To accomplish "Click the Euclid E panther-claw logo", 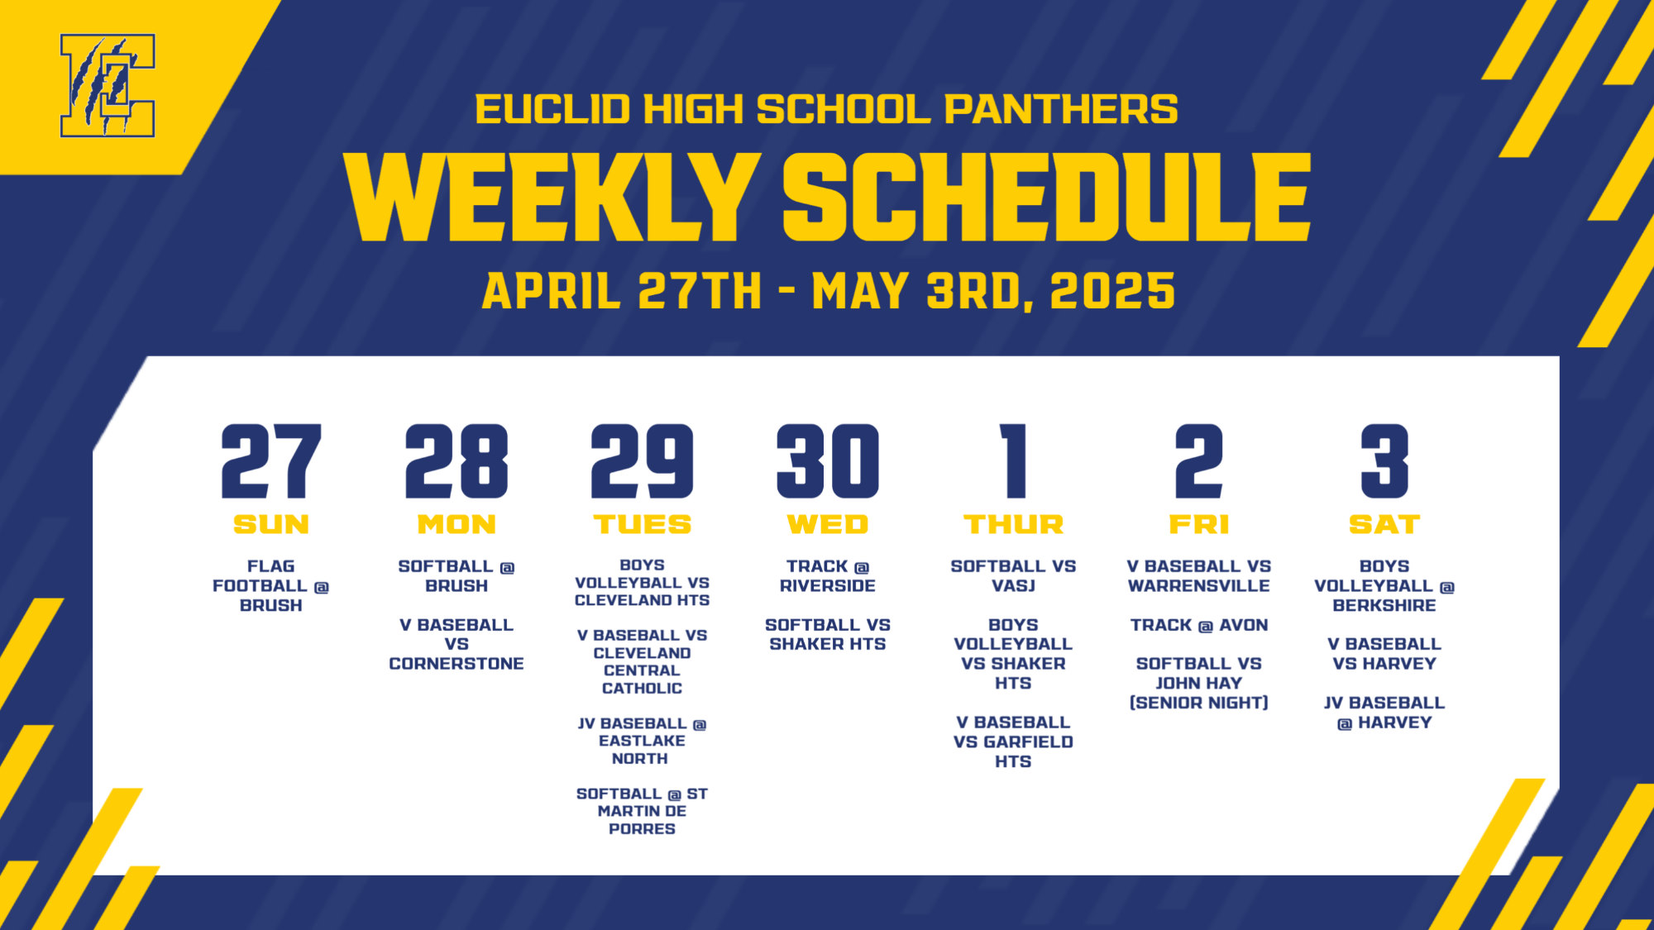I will click(107, 85).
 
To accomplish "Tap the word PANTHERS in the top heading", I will click(1061, 109).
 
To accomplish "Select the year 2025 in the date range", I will click(1112, 291).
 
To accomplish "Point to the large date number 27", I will click(270, 461).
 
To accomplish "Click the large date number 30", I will click(827, 461).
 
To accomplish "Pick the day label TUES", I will click(642, 524).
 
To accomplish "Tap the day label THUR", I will click(1013, 524).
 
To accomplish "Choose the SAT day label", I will click(1384, 524).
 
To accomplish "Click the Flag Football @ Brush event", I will click(270, 585).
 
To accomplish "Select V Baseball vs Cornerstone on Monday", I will click(457, 644).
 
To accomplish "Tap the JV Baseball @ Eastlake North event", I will click(642, 741).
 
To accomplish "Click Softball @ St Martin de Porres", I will click(642, 811).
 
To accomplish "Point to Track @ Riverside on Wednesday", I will click(827, 576).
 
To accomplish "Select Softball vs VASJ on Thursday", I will click(1013, 576).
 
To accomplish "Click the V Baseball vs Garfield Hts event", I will click(1013, 742).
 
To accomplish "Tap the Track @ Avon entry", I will click(1198, 625).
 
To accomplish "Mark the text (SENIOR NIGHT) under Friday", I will click(1198, 703).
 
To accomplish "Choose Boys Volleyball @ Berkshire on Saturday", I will click(1384, 585).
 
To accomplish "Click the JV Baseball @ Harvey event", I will click(1384, 713).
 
